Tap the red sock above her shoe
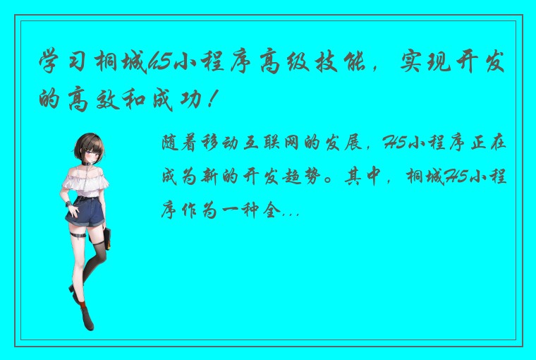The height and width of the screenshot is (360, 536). tap(83, 308)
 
